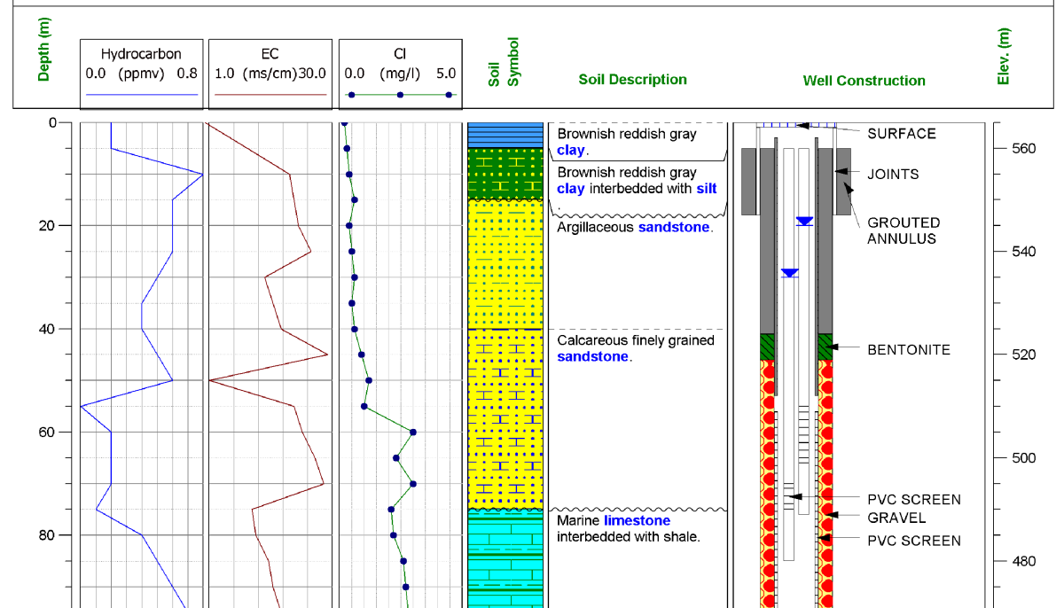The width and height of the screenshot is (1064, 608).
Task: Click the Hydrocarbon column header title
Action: (x=141, y=54)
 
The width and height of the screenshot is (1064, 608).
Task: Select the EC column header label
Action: (x=270, y=54)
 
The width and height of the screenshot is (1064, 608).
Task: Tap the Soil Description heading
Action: (x=632, y=80)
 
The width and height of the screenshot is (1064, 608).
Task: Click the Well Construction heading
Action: (x=864, y=81)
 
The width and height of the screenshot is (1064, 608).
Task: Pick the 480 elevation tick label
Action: (x=1023, y=561)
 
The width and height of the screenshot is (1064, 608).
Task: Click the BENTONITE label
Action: (x=908, y=350)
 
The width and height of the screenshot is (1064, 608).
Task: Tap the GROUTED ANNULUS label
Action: (x=904, y=230)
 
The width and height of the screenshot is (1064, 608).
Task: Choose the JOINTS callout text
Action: (x=893, y=175)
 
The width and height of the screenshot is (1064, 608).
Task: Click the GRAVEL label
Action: (x=896, y=518)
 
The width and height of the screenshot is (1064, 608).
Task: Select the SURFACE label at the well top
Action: (x=901, y=134)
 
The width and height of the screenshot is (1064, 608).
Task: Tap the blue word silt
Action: (x=706, y=189)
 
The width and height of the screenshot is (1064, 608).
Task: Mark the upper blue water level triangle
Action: (x=804, y=221)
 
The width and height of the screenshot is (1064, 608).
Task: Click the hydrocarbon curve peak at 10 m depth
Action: (x=203, y=175)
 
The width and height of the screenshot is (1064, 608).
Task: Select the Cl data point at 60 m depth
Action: (x=413, y=433)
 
